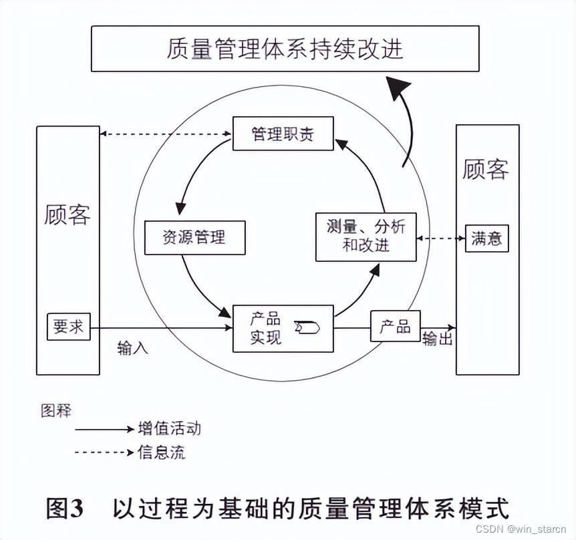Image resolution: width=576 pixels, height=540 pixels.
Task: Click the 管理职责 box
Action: pos(283,134)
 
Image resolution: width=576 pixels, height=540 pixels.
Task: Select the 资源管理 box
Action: pos(194,237)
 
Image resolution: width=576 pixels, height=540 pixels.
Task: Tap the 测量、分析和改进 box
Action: pos(366,236)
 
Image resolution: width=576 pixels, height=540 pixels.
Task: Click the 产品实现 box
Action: pos(282,328)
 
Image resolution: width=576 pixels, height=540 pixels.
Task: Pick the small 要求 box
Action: pos(68,326)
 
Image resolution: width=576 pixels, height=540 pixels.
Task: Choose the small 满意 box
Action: pos(486,238)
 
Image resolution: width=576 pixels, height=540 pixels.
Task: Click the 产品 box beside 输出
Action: pos(395,326)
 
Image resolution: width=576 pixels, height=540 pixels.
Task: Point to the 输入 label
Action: pos(132,348)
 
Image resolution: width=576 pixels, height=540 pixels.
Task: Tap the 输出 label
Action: pos(438,339)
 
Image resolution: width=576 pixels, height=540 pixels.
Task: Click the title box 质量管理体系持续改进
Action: pos(285,49)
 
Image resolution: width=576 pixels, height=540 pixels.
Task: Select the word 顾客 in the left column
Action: pos(67,215)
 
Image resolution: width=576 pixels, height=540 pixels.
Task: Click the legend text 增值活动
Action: pos(169,428)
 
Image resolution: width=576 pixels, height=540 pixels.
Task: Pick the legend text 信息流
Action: pos(161,452)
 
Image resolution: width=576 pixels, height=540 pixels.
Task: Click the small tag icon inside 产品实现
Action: pos(308,327)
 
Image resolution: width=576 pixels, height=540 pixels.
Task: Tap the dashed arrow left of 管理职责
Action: pos(165,134)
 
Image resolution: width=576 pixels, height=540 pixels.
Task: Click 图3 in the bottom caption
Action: pos(65,508)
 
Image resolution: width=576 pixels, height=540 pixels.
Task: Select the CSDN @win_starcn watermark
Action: pos(517,529)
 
